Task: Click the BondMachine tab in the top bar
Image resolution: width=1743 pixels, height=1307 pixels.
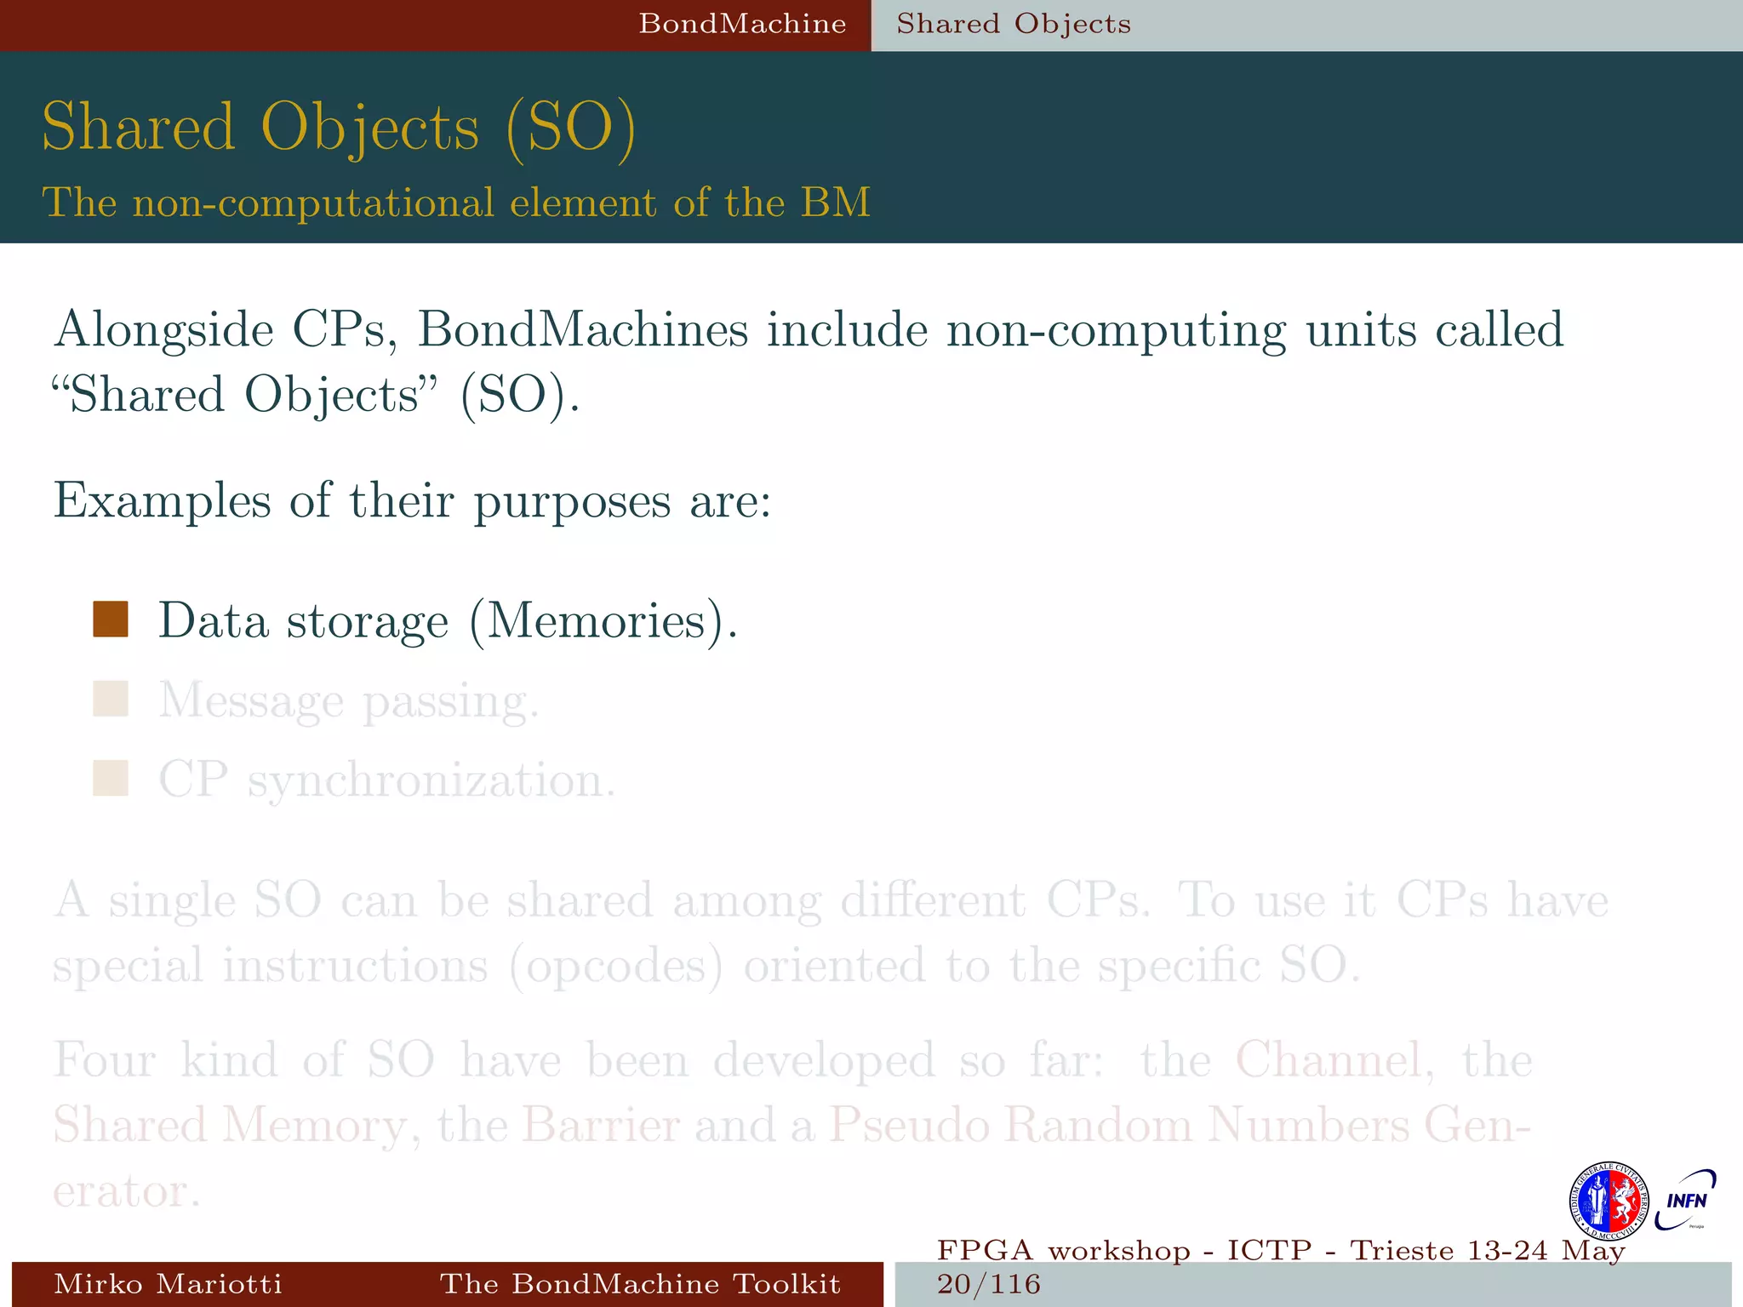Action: point(742,24)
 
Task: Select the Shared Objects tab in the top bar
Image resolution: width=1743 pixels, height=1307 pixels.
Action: point(1013,24)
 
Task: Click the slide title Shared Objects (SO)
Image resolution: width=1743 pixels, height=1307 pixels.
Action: point(339,128)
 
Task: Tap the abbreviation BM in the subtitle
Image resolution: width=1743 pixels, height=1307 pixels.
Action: point(835,203)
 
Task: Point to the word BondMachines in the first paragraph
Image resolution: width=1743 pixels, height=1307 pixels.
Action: point(582,330)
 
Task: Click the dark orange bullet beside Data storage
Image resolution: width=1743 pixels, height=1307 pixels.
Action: point(111,619)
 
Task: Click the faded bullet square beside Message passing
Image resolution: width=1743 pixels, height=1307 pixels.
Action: point(111,699)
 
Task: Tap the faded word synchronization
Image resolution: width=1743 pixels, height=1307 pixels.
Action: point(431,781)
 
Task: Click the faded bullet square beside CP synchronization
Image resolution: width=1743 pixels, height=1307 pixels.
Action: point(111,779)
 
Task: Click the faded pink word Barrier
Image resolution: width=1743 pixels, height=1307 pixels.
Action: point(601,1125)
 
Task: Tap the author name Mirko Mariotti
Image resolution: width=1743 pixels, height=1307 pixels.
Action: point(168,1283)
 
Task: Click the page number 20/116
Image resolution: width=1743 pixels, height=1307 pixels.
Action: point(988,1284)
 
